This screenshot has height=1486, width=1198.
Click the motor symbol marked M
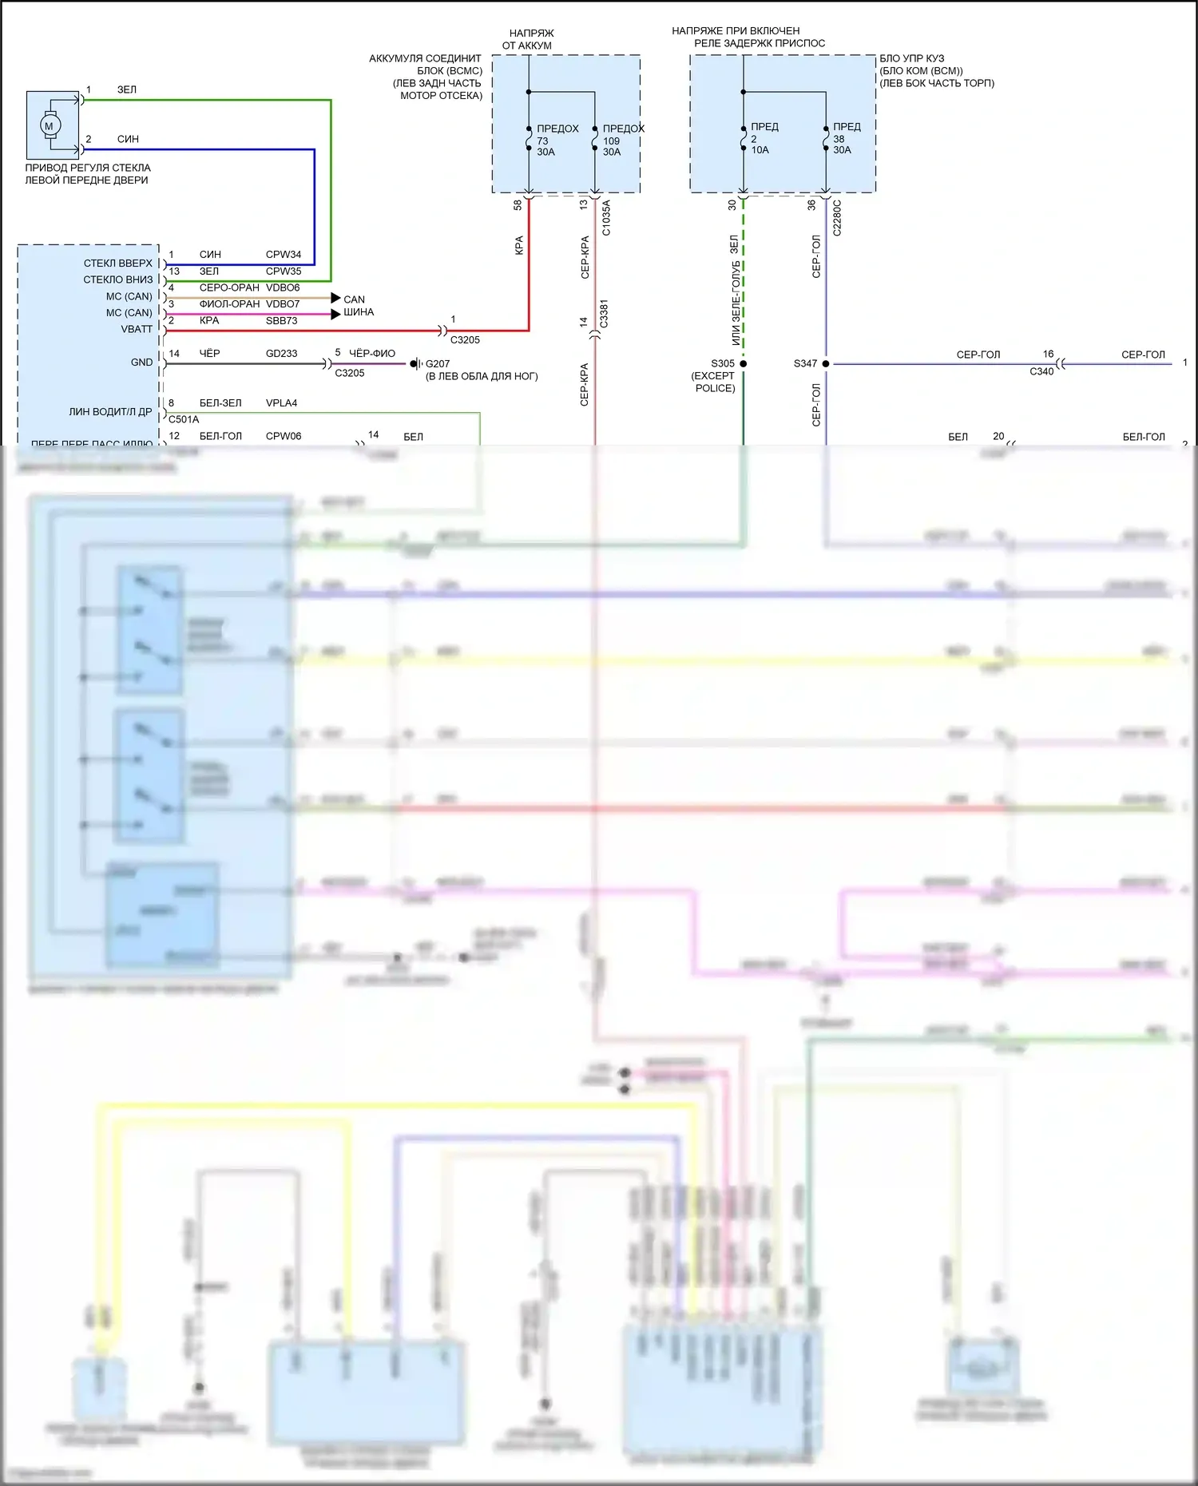click(50, 125)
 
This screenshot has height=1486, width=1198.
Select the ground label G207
click(438, 364)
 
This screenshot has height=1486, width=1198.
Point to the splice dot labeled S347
click(826, 364)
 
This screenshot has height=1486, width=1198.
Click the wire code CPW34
click(284, 255)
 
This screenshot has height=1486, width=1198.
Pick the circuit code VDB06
click(283, 287)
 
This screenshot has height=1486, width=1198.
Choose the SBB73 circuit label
click(281, 321)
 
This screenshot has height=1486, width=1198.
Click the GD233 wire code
click(281, 354)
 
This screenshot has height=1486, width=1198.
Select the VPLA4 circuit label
click(281, 403)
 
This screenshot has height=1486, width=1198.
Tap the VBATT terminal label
click(137, 329)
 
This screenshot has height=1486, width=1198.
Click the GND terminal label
click(141, 363)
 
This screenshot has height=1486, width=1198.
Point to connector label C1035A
click(606, 218)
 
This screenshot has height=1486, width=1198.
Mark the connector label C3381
click(604, 314)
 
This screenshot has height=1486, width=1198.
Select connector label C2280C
click(837, 218)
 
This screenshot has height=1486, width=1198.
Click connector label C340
click(1041, 371)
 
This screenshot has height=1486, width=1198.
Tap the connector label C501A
click(184, 419)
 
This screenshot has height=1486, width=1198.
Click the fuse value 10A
click(760, 150)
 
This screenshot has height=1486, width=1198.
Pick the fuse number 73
click(542, 141)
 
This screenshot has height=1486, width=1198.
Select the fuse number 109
click(611, 141)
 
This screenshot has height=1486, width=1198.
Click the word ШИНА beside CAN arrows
click(359, 312)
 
